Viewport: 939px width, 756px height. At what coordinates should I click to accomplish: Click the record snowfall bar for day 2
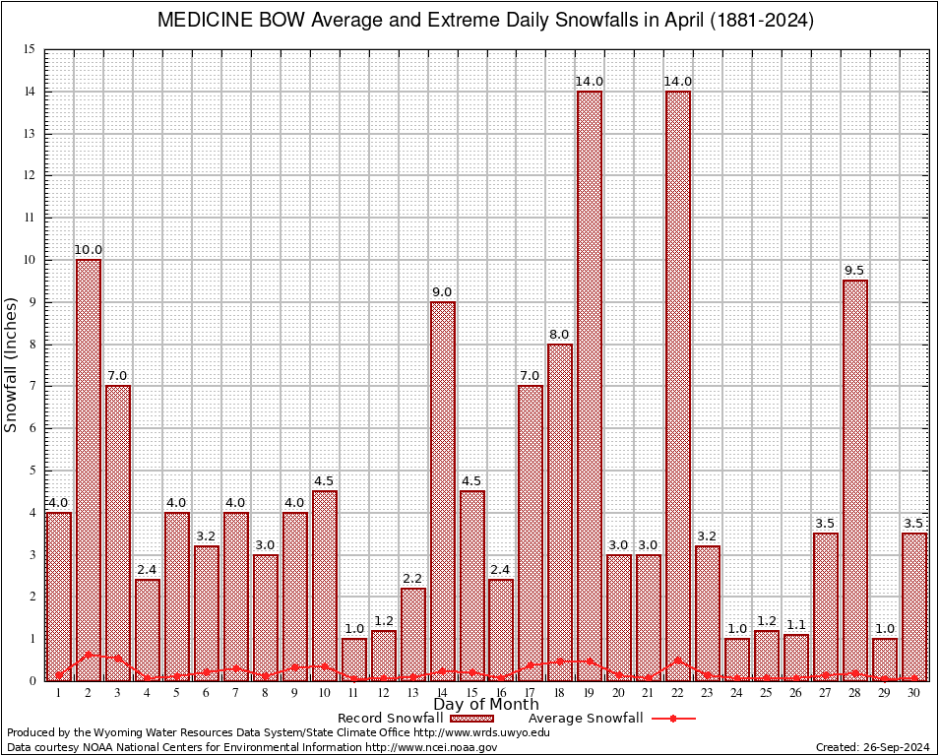click(x=89, y=463)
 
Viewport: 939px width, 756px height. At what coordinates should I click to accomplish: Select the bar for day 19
click(x=590, y=384)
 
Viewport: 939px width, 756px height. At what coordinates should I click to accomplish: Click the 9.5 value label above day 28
click(x=855, y=271)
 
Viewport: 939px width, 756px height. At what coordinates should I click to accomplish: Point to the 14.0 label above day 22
click(x=678, y=82)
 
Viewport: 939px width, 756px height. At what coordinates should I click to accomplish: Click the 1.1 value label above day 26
click(x=796, y=625)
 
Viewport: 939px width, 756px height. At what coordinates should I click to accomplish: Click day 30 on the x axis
click(x=914, y=693)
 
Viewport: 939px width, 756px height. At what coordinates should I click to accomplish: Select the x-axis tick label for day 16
click(x=501, y=693)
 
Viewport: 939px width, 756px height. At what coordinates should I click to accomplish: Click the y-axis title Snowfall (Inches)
click(x=11, y=364)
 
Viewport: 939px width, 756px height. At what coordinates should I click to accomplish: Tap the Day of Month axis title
click(x=485, y=705)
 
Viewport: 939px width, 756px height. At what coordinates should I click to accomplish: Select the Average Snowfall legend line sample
click(x=673, y=719)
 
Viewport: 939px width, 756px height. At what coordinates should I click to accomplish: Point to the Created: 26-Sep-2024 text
click(x=872, y=747)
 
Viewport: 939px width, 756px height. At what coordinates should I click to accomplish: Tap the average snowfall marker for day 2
click(x=89, y=654)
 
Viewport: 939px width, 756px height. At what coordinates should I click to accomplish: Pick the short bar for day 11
click(x=353, y=660)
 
